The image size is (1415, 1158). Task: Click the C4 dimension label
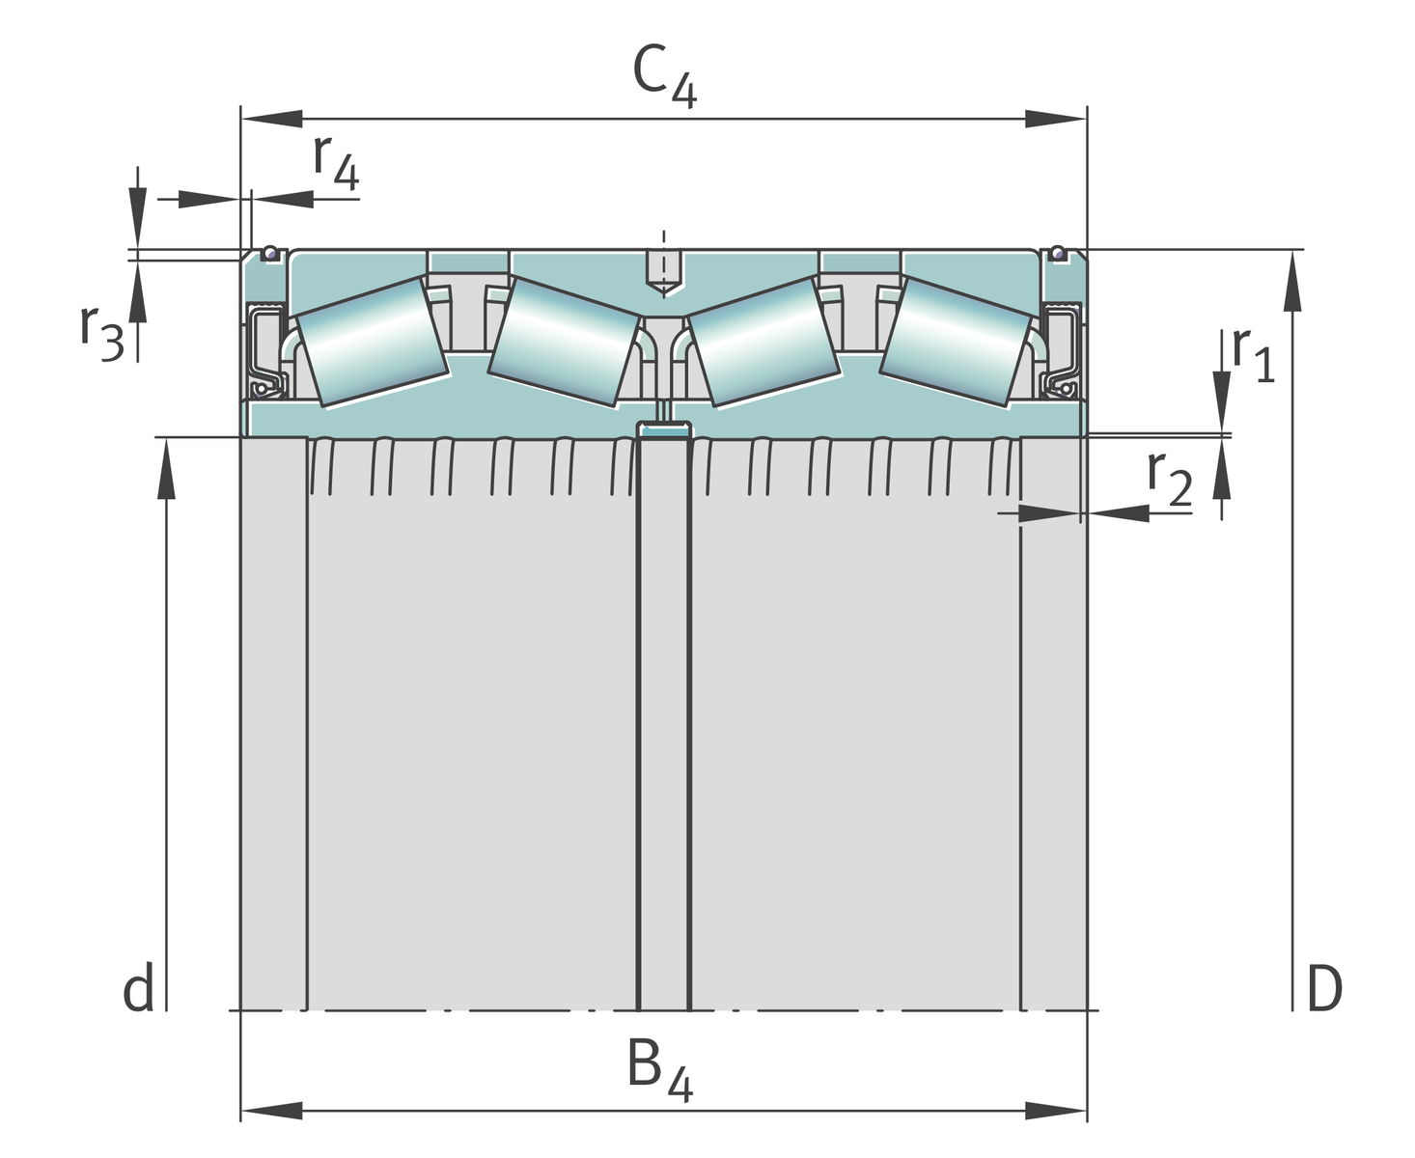tap(664, 75)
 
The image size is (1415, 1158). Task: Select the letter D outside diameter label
tap(1324, 988)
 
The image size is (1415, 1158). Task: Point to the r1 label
tap(1253, 355)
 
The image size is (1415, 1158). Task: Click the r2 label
tap(1170, 479)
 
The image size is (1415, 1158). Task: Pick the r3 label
tap(102, 333)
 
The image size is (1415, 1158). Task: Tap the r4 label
tap(336, 162)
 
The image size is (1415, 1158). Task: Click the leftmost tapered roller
tap(372, 343)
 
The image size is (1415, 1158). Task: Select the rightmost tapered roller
tap(957, 343)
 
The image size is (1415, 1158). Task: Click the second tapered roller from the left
tap(564, 343)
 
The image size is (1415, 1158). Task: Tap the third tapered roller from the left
tap(764, 343)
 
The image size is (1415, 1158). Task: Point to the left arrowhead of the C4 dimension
tap(272, 119)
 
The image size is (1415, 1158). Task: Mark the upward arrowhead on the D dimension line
tap(1292, 281)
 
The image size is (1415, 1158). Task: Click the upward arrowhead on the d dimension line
tap(166, 468)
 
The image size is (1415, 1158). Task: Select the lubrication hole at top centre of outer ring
tap(664, 273)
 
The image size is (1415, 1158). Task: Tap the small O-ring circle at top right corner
tap(1058, 253)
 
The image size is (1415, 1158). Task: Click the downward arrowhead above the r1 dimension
tap(1222, 401)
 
